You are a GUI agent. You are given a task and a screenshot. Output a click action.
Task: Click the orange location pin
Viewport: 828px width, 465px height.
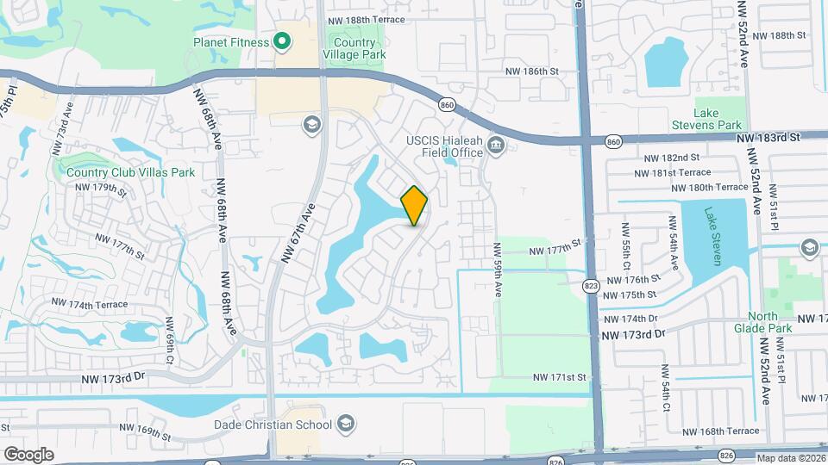point(415,205)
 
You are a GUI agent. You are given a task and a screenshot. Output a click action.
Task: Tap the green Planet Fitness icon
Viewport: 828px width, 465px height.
point(281,40)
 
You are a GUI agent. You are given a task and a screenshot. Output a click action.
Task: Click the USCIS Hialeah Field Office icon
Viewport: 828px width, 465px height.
point(496,144)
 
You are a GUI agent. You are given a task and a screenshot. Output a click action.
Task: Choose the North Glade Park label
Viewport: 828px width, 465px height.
point(762,322)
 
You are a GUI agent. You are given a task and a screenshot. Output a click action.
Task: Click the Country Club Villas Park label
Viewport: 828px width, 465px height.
point(130,172)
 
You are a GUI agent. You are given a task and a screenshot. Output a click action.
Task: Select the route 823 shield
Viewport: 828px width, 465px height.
point(591,286)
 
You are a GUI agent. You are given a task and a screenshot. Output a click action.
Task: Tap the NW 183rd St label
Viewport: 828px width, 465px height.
point(769,137)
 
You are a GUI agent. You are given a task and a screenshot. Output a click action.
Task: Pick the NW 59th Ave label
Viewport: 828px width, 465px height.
point(498,270)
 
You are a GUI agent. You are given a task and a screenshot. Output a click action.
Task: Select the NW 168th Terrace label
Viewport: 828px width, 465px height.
point(719,431)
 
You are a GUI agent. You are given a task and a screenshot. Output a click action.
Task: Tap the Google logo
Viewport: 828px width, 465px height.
point(28,454)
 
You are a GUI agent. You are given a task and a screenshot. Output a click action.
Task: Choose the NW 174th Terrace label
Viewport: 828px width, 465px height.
point(89,304)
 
